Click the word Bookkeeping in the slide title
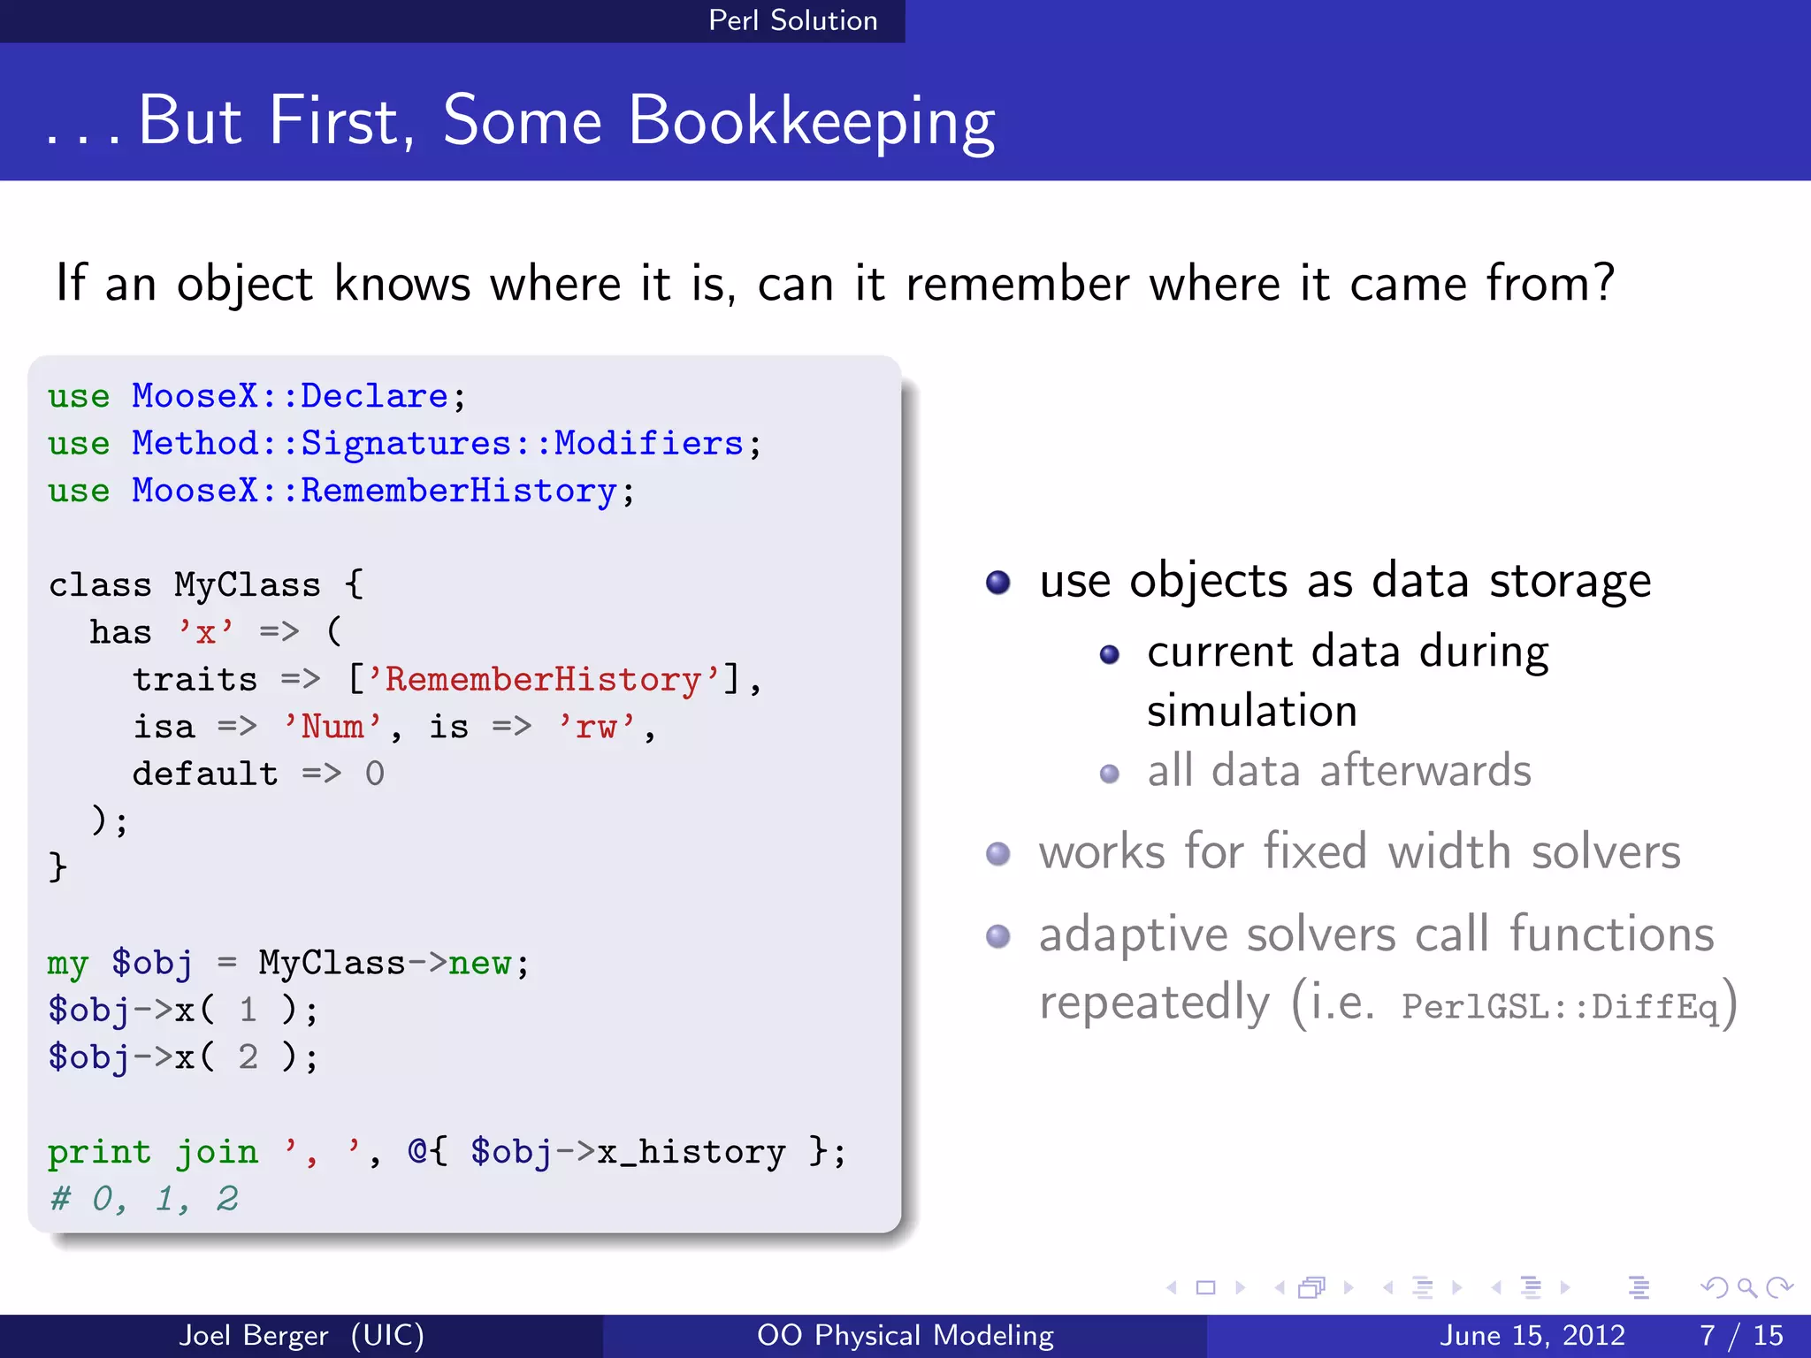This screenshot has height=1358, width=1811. pos(811,122)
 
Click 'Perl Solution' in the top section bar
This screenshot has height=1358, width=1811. pos(792,20)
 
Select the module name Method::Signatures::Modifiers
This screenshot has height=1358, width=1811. pos(437,444)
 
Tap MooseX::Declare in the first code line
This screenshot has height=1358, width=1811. pos(289,396)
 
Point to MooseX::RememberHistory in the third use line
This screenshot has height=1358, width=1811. pos(373,492)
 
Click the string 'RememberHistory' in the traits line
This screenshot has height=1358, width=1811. pos(542,680)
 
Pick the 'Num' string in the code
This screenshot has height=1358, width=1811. pos(332,727)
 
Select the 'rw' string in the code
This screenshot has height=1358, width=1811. pos(596,727)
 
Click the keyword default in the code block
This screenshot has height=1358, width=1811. pos(205,774)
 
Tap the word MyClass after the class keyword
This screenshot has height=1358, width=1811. pos(247,585)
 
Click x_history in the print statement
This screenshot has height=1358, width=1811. pos(691,1152)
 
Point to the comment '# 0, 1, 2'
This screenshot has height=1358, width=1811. pos(144,1200)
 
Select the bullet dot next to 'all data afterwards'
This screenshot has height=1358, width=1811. pos(1109,774)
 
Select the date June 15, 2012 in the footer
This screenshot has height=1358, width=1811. pos(1532,1335)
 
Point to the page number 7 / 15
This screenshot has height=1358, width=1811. pos(1740,1335)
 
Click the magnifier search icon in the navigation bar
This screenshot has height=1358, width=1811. pos(1746,1287)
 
